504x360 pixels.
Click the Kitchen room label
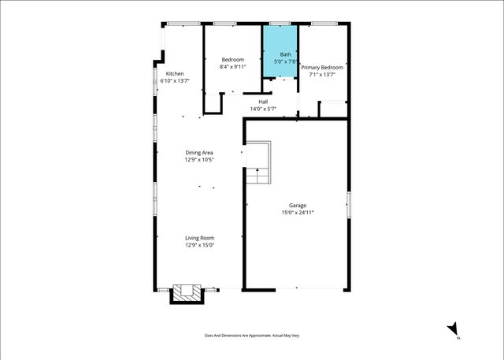[174, 74]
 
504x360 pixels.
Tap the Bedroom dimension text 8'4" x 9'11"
[232, 67]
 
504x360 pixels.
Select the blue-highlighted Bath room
[280, 52]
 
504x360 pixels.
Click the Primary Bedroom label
[322, 68]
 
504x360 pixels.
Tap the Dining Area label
[199, 153]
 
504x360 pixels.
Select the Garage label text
[298, 206]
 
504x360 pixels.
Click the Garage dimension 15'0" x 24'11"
[298, 213]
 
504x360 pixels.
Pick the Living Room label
[199, 238]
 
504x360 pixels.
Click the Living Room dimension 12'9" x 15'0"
[199, 245]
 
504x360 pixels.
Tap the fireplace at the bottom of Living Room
[187, 294]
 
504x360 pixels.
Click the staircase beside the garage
[258, 163]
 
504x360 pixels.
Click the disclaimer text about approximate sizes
[252, 336]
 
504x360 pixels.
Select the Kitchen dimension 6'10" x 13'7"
[174, 81]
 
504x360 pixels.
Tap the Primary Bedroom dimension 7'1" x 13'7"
[322, 75]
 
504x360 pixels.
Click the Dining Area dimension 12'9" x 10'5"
[199, 160]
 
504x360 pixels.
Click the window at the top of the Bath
[279, 24]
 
